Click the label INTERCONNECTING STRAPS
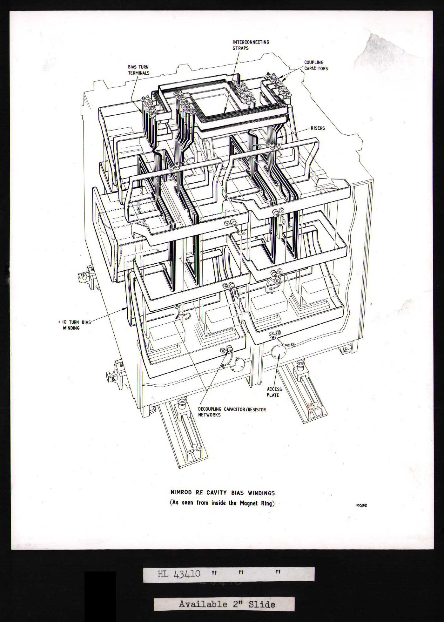coord(251,45)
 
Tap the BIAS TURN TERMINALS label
coord(138,70)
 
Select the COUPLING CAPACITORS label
coord(316,65)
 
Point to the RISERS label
coord(318,128)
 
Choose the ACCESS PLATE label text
coord(274,392)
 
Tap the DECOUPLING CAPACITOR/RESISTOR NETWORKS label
coord(232,412)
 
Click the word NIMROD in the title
coord(181,493)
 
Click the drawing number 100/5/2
coord(362,505)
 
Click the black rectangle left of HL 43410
coord(100,590)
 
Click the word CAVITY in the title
coord(217,493)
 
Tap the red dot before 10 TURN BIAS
coord(59,322)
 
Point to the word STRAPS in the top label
coord(240,48)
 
